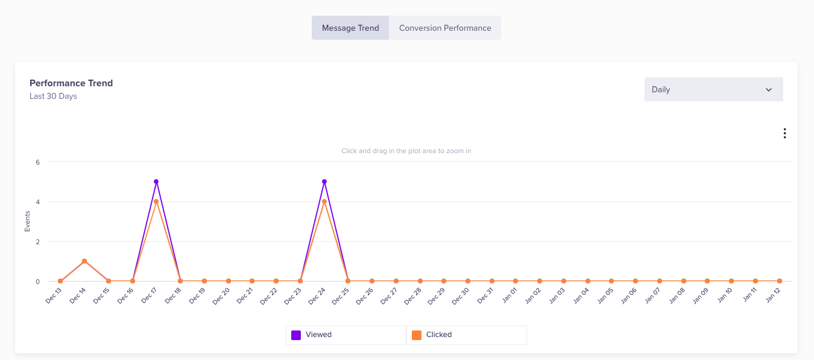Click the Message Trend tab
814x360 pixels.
(x=350, y=28)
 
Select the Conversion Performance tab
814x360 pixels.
(x=445, y=28)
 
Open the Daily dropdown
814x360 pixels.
(x=713, y=89)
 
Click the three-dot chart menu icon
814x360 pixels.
(x=784, y=133)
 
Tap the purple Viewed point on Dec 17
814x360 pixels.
(x=156, y=182)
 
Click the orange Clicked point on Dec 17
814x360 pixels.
(x=156, y=201)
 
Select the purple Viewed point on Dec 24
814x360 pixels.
(x=324, y=182)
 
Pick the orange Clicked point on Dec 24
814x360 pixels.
(x=324, y=201)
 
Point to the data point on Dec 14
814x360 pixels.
(x=84, y=261)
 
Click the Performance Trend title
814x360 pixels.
(x=71, y=83)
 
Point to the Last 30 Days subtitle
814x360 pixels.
(x=53, y=96)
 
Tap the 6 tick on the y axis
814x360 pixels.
(x=37, y=162)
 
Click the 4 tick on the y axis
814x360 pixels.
(x=37, y=201)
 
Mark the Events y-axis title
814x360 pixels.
(x=27, y=221)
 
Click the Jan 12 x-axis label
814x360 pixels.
(x=772, y=295)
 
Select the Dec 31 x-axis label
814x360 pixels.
(x=485, y=295)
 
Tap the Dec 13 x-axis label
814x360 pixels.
(x=54, y=295)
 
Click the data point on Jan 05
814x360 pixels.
(x=611, y=281)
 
